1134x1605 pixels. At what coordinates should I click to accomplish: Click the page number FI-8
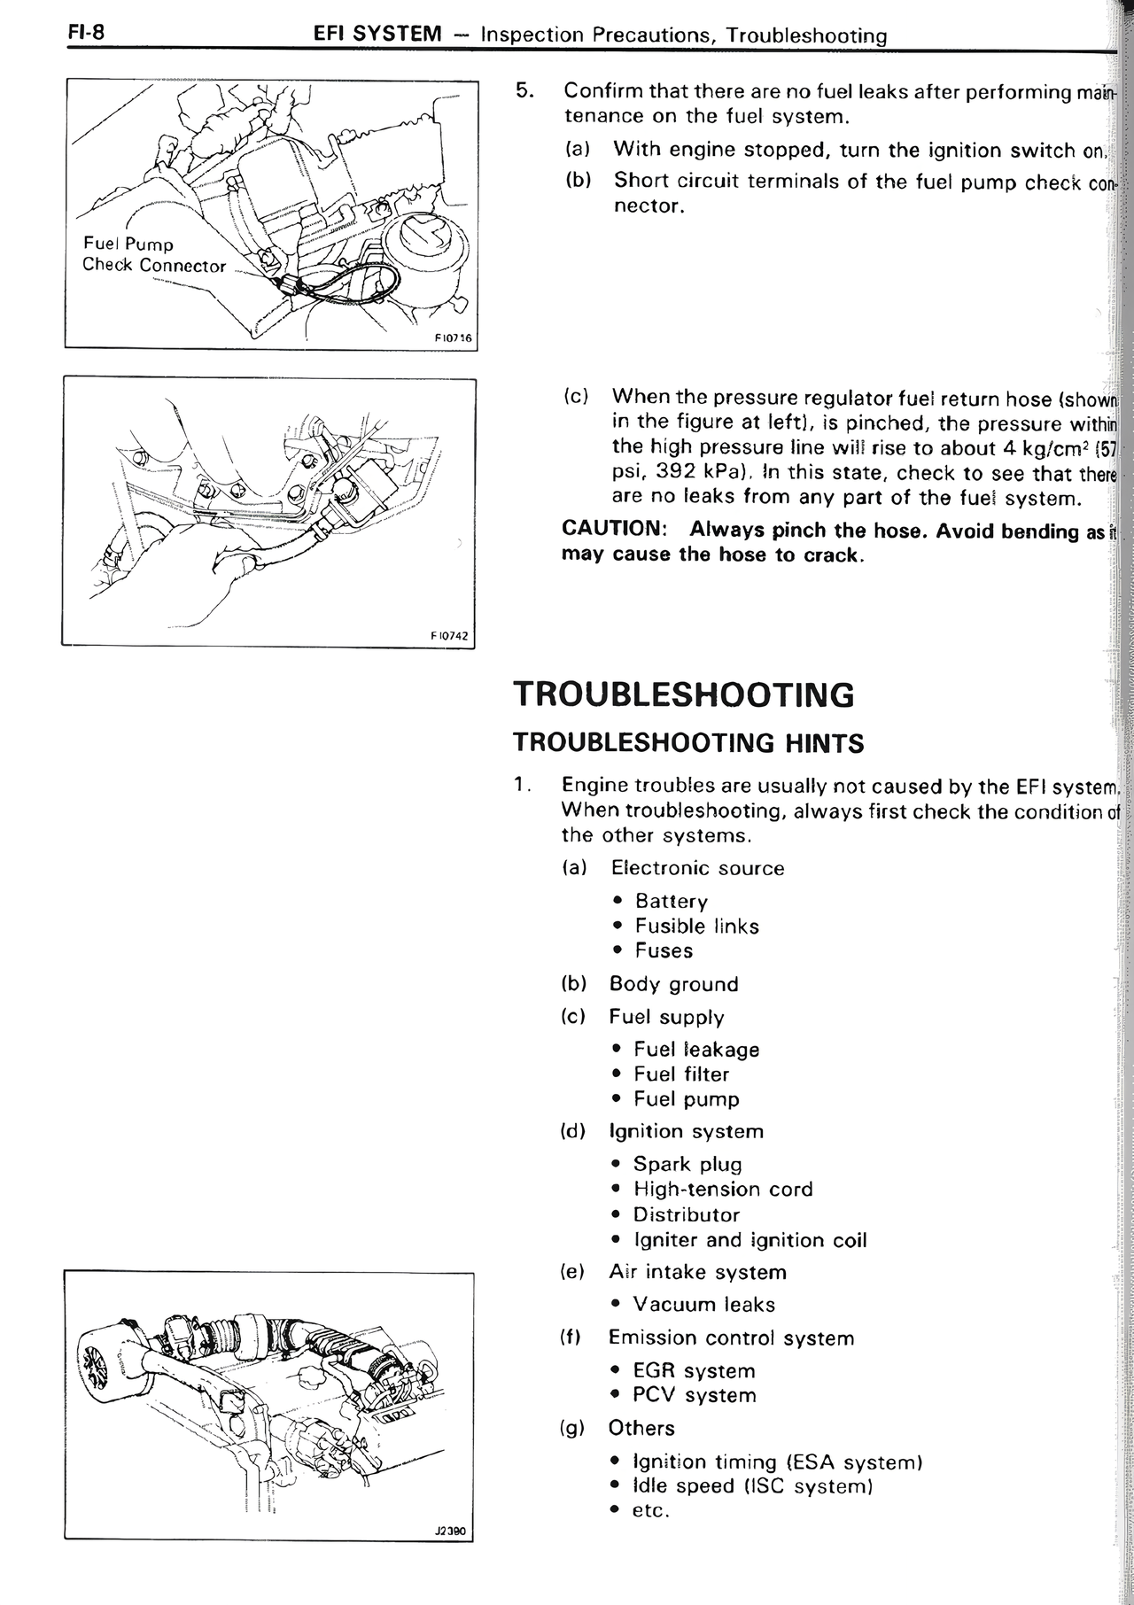tap(86, 33)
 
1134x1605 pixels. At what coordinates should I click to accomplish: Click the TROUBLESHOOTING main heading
tap(684, 694)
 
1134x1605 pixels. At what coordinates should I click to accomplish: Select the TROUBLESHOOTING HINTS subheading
tap(688, 742)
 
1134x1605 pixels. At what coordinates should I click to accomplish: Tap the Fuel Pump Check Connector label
tap(154, 255)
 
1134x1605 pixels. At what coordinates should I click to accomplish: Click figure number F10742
tap(449, 635)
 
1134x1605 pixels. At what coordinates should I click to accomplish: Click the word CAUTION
tap(614, 530)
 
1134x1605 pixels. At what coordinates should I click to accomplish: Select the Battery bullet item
tap(671, 902)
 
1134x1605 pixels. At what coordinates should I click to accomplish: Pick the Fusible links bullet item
tap(696, 927)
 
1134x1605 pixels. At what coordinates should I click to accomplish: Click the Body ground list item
tap(673, 984)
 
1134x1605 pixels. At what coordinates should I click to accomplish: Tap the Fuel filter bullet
tap(681, 1074)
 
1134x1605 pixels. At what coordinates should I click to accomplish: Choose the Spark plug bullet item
tap(687, 1164)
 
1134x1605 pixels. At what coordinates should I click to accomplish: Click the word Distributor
tap(687, 1214)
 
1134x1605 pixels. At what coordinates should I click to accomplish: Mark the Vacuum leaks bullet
tap(703, 1305)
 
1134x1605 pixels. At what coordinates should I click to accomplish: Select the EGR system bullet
tap(694, 1371)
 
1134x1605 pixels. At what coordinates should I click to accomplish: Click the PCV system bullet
tap(694, 1395)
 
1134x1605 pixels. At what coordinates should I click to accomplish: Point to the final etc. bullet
tap(650, 1510)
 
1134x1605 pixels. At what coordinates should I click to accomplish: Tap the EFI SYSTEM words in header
tap(377, 35)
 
